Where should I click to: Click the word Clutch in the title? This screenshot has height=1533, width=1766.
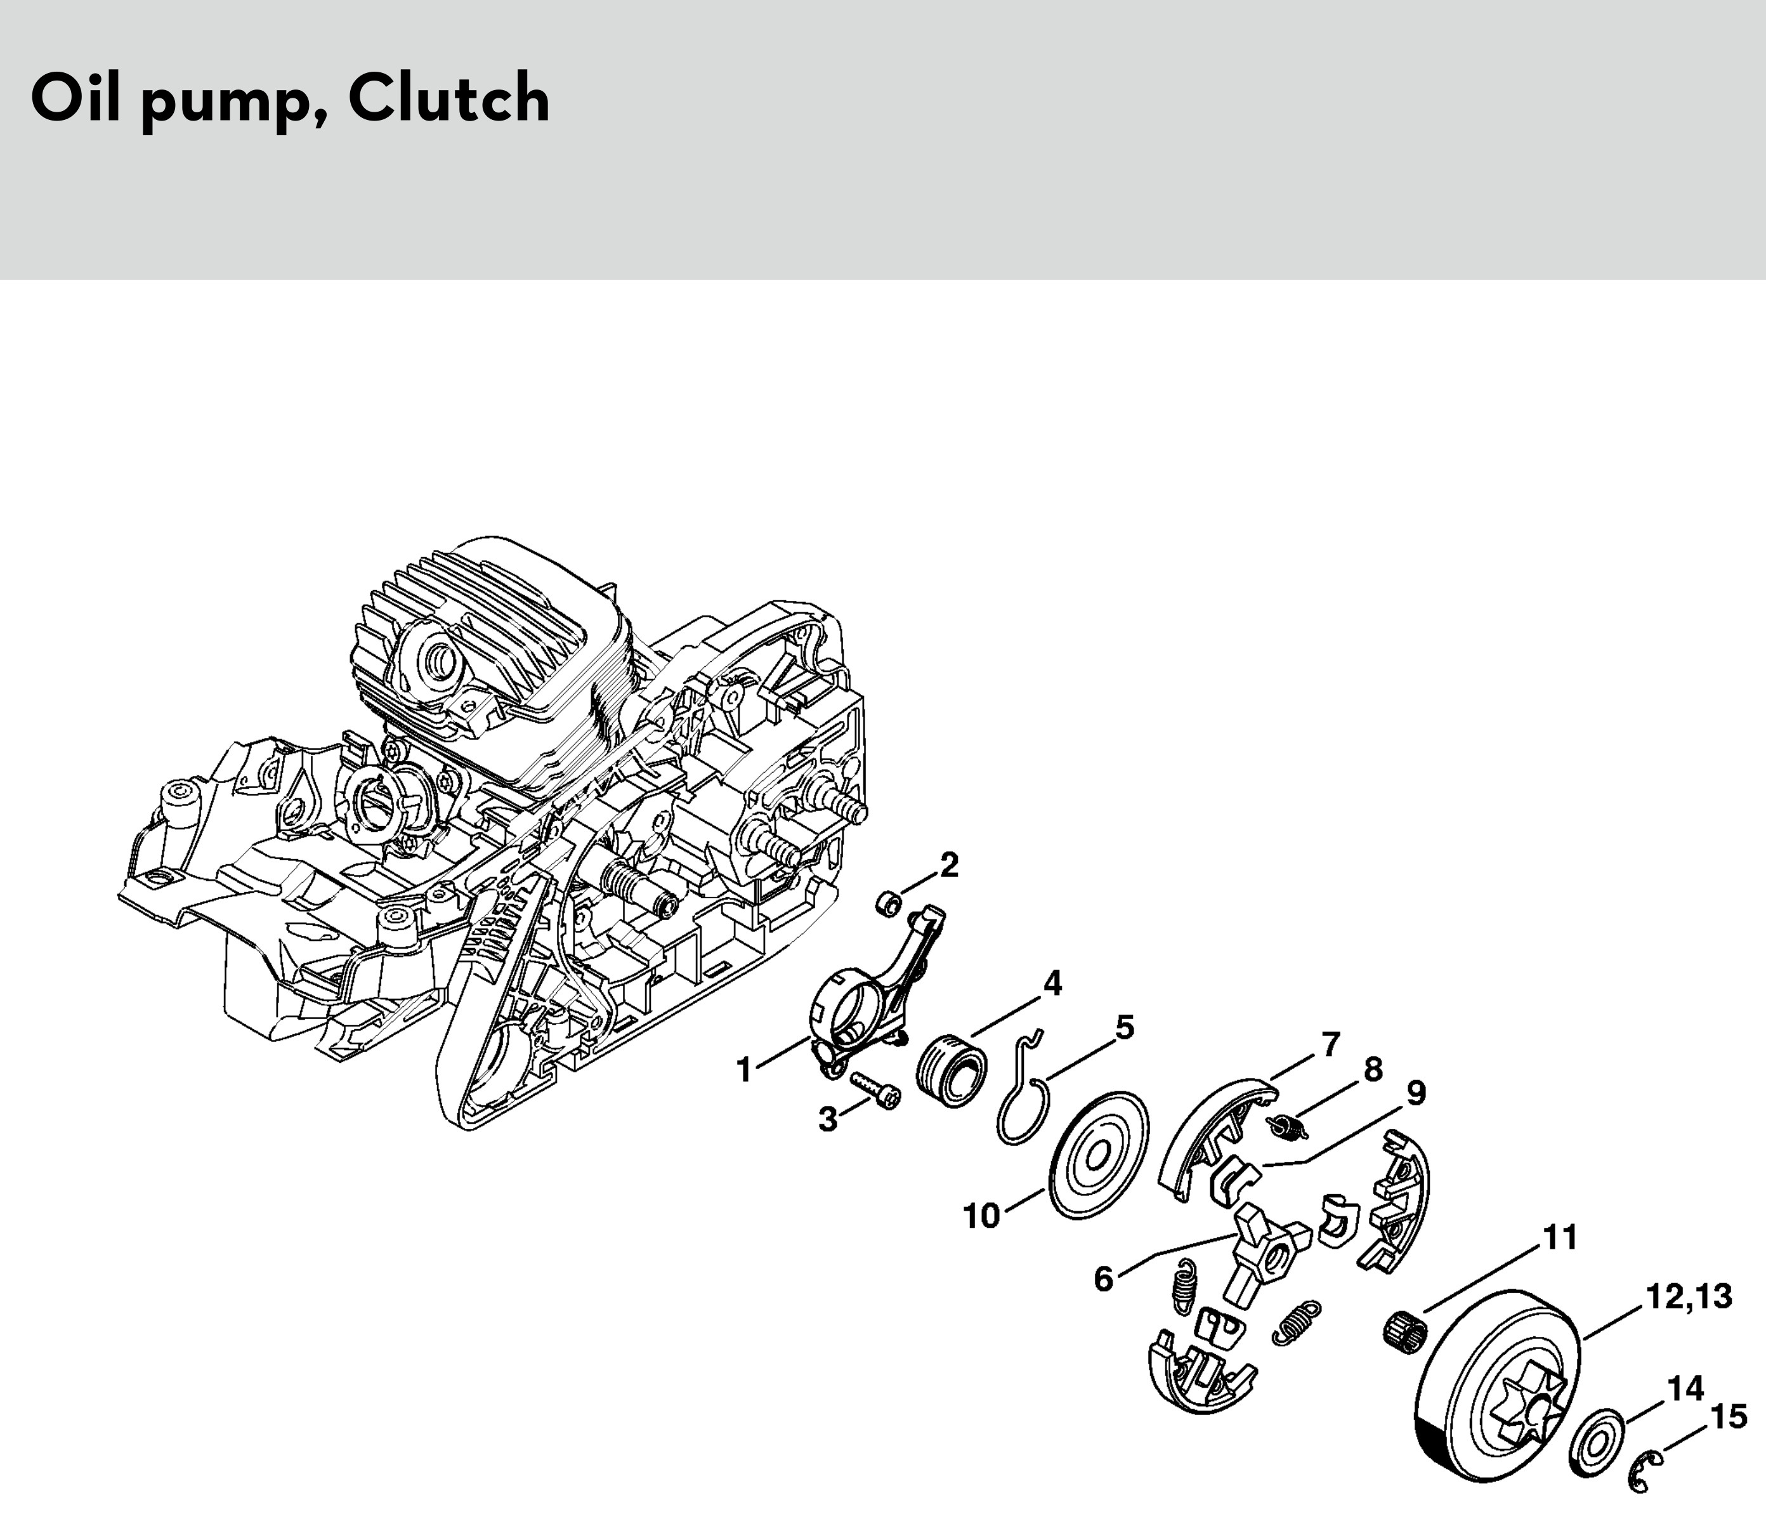(449, 99)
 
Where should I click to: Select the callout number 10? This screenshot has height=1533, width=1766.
(982, 1216)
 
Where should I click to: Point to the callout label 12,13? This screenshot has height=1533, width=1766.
(1689, 1297)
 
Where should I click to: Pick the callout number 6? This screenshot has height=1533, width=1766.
(1104, 1280)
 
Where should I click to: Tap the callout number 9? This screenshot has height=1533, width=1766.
(1416, 1093)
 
